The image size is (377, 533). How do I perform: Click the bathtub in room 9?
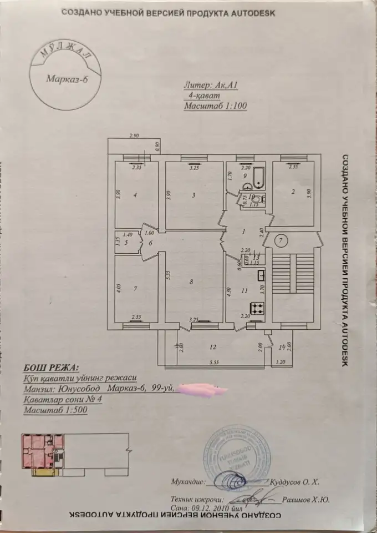pyautogui.click(x=259, y=178)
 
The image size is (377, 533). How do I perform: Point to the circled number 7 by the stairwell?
pyautogui.click(x=281, y=240)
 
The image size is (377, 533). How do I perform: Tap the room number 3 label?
pyautogui.click(x=193, y=195)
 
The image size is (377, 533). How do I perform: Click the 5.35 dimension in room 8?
pyautogui.click(x=167, y=273)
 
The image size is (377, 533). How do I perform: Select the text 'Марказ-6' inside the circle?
pyautogui.click(x=67, y=77)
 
